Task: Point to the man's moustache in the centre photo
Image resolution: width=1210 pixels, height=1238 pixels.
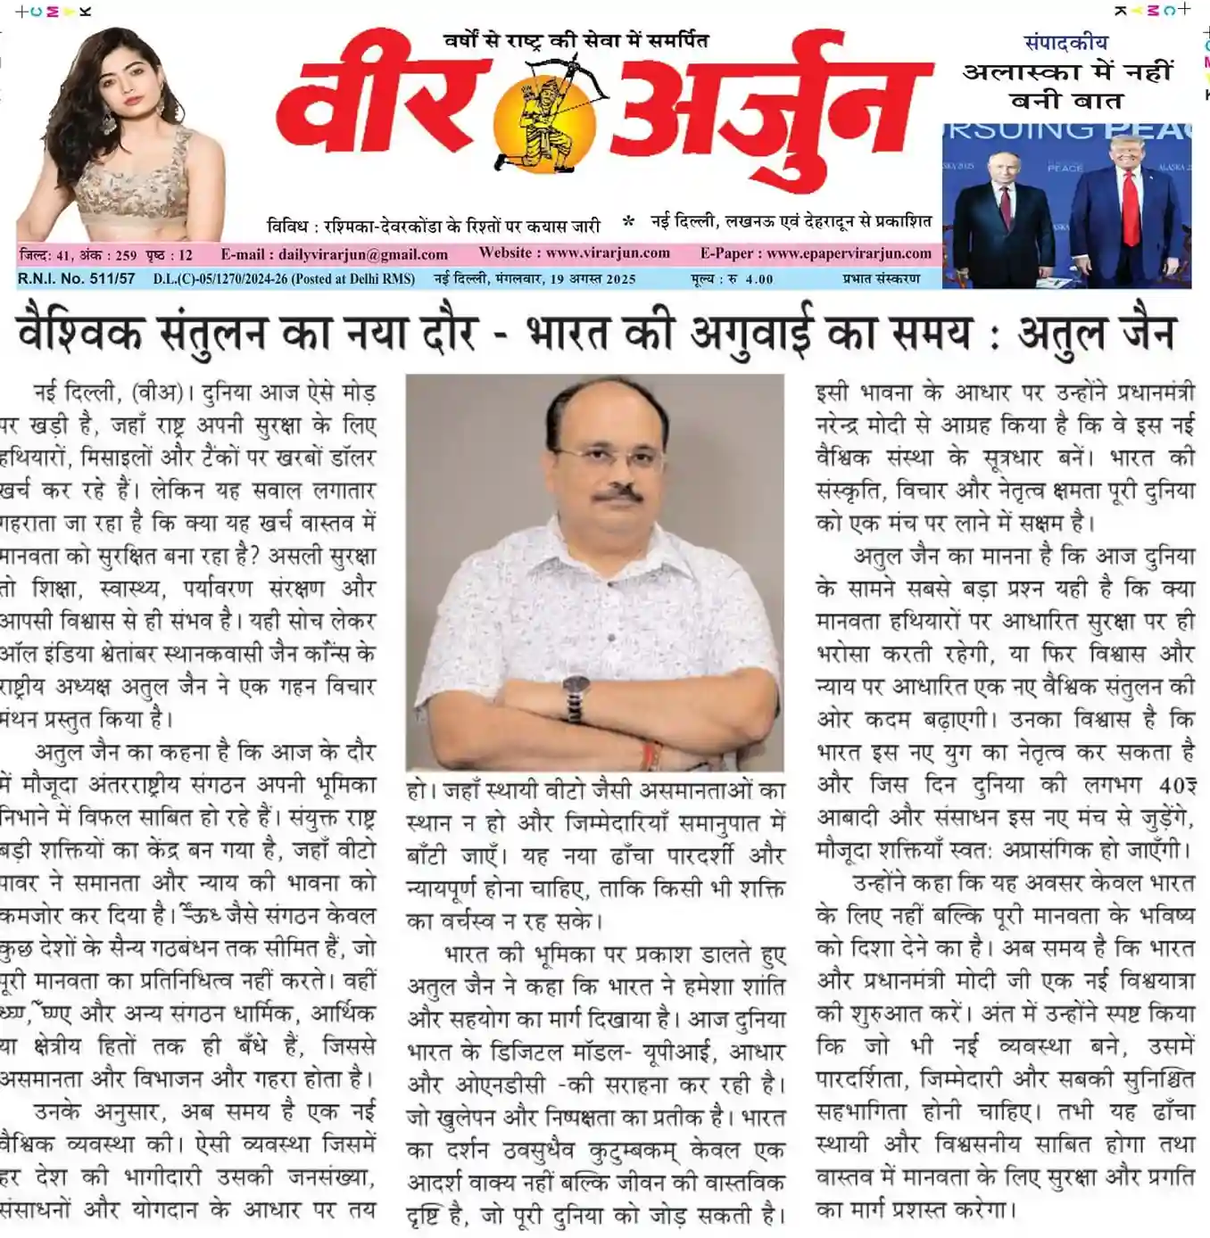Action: click(617, 492)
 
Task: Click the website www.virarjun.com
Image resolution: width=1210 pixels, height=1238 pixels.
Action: click(608, 253)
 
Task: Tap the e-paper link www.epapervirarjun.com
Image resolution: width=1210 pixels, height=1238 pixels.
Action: click(848, 253)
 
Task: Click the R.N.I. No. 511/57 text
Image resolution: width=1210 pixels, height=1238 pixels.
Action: click(76, 278)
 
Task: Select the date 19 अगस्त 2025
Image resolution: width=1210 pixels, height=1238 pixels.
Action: click(593, 279)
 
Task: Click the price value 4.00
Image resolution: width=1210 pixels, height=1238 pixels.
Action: click(759, 279)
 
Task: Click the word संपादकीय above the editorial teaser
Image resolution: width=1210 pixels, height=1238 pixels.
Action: click(1065, 42)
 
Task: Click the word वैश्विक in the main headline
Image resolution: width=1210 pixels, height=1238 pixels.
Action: click(79, 333)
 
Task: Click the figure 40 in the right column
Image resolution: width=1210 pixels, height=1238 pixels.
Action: click(1172, 785)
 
